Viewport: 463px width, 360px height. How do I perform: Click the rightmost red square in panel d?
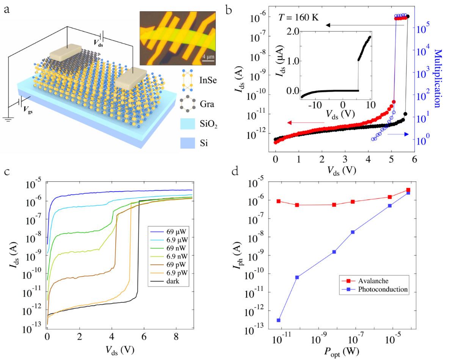tap(408, 190)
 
